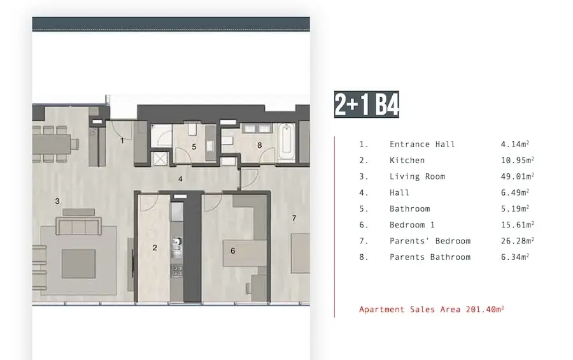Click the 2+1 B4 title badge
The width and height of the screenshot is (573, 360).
367,104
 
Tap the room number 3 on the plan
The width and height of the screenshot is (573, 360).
57,201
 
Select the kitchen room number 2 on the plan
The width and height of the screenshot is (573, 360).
155,248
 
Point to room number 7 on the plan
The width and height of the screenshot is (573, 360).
294,218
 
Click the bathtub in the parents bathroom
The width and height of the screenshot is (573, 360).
286,143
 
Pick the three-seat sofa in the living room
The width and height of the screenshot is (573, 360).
78,226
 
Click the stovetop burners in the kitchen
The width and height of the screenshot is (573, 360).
177,270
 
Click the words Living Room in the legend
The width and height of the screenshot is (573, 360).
417,176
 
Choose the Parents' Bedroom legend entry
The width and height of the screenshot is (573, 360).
430,241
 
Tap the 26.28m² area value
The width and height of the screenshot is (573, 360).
518,241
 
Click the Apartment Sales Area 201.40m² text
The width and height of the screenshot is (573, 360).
432,310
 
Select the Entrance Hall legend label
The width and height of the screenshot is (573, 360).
422,145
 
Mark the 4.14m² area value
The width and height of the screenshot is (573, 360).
515,144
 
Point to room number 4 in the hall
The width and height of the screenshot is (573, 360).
180,179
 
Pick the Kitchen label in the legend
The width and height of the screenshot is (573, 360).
407,161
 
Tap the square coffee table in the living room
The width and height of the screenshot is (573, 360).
78,264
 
